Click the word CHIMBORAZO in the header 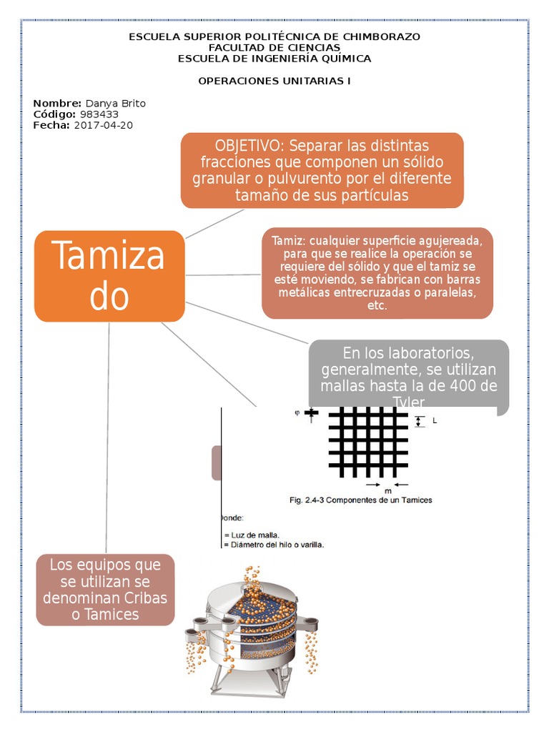(384, 36)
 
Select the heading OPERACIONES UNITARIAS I (274, 81)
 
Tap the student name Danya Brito (115, 104)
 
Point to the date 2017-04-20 (103, 125)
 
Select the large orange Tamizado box (109, 276)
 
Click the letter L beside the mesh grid (435, 421)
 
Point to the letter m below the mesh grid (388, 491)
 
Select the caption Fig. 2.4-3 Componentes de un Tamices (360, 500)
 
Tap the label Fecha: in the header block (51, 125)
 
